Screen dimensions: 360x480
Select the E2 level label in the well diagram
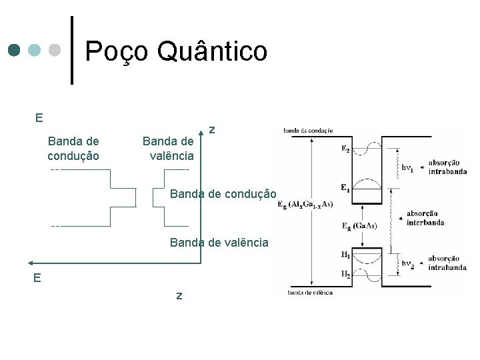(x=346, y=149)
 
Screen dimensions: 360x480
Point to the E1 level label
(x=345, y=188)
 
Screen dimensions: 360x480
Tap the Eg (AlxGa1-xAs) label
(x=305, y=204)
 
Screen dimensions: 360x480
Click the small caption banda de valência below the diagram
(x=310, y=293)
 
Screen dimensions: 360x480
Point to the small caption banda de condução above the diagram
(x=308, y=130)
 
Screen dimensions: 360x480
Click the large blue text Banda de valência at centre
(x=219, y=243)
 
